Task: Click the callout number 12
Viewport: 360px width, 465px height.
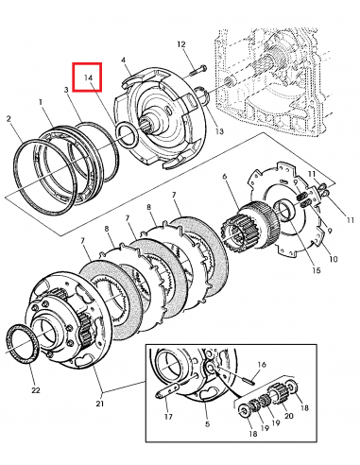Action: [181, 44]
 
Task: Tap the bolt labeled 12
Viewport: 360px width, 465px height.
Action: [198, 70]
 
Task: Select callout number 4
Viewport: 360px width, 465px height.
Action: [123, 60]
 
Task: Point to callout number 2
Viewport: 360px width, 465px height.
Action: [9, 119]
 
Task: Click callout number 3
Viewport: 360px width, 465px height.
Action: [66, 90]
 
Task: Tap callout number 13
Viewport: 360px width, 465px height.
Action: [219, 131]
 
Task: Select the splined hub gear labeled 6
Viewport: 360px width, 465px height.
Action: [249, 226]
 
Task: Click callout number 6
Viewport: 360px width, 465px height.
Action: [224, 177]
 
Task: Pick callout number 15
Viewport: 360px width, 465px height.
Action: [316, 270]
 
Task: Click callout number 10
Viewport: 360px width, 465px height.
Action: [334, 259]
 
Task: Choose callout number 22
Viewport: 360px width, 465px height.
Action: [36, 390]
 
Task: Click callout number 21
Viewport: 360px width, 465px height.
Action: [99, 403]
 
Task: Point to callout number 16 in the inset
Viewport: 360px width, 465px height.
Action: [262, 365]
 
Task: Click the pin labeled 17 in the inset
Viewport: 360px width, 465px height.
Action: [167, 391]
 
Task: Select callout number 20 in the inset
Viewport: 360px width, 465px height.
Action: [289, 416]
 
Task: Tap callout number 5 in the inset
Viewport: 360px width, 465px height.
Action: [207, 424]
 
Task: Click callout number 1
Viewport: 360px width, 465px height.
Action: [41, 102]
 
